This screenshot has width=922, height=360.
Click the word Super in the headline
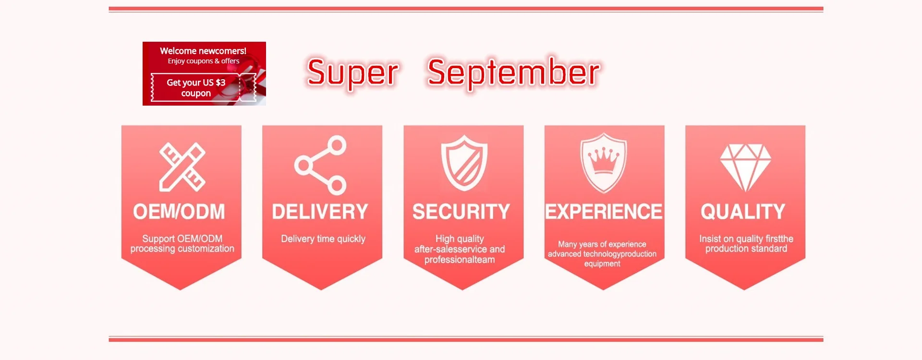353,73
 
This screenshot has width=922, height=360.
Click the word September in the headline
513,73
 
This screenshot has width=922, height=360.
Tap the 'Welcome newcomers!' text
203,51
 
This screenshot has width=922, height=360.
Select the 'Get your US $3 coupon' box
204,87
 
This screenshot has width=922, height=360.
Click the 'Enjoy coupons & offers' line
204,61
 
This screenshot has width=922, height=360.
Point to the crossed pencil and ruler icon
182,167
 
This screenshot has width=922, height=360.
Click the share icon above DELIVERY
320,165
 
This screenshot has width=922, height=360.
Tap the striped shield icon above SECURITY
464,163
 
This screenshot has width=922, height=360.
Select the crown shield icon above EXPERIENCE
604,164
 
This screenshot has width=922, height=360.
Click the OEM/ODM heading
179,212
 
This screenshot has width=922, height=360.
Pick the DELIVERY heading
320,212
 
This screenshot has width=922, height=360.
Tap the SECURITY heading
461,212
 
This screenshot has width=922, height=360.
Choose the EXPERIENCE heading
604,212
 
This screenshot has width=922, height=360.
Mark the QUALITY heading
743,212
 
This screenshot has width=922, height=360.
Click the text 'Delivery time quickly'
323,239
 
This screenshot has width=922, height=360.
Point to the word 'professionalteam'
460,260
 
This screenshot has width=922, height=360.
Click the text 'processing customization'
182,249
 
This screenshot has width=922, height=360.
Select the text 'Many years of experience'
602,244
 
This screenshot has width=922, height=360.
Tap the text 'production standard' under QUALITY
746,249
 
